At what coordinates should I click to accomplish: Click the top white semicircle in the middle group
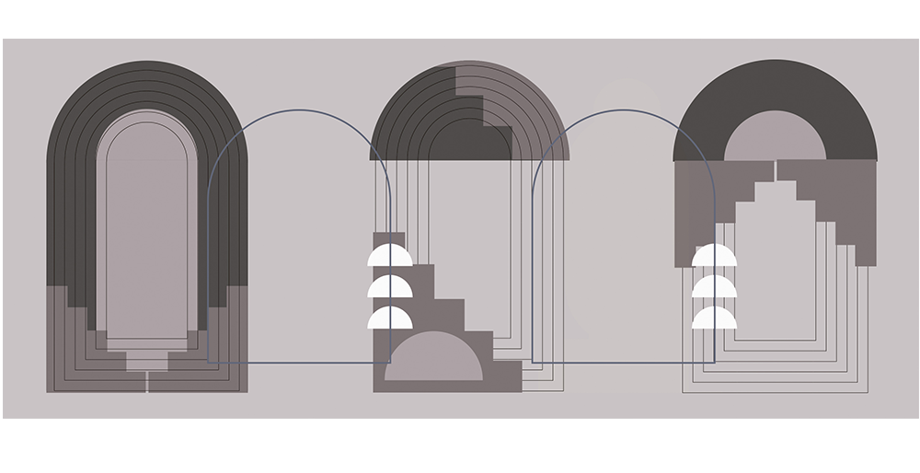pos(389,256)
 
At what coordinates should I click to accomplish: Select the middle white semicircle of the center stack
pos(389,288)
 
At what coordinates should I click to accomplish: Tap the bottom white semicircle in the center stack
pos(389,319)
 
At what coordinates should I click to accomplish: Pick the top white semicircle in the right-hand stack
pos(714,256)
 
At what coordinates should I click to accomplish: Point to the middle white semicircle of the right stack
pos(714,288)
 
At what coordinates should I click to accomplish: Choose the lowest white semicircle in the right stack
pos(714,319)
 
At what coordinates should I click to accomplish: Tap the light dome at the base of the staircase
pos(432,362)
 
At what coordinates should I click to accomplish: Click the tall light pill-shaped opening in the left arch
pos(147,230)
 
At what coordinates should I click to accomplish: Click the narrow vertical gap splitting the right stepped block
pos(775,171)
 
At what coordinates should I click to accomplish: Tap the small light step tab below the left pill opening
pos(147,360)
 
